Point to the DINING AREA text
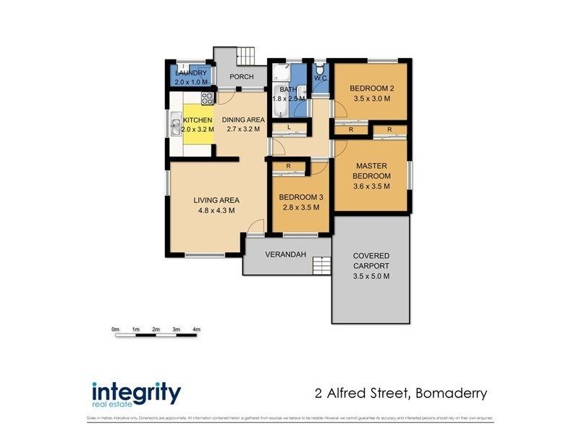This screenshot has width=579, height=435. (x=243, y=120)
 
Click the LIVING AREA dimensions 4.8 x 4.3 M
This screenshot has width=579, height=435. (x=216, y=210)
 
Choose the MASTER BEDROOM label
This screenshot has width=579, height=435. (x=371, y=171)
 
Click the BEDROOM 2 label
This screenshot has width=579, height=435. (x=371, y=88)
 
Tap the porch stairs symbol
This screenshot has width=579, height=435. (x=247, y=55)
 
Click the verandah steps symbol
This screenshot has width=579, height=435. (x=321, y=265)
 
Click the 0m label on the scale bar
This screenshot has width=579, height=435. (x=115, y=330)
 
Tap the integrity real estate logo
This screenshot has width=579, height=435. (x=136, y=395)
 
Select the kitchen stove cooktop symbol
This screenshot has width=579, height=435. (x=206, y=97)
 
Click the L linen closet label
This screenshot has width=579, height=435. (x=288, y=128)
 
